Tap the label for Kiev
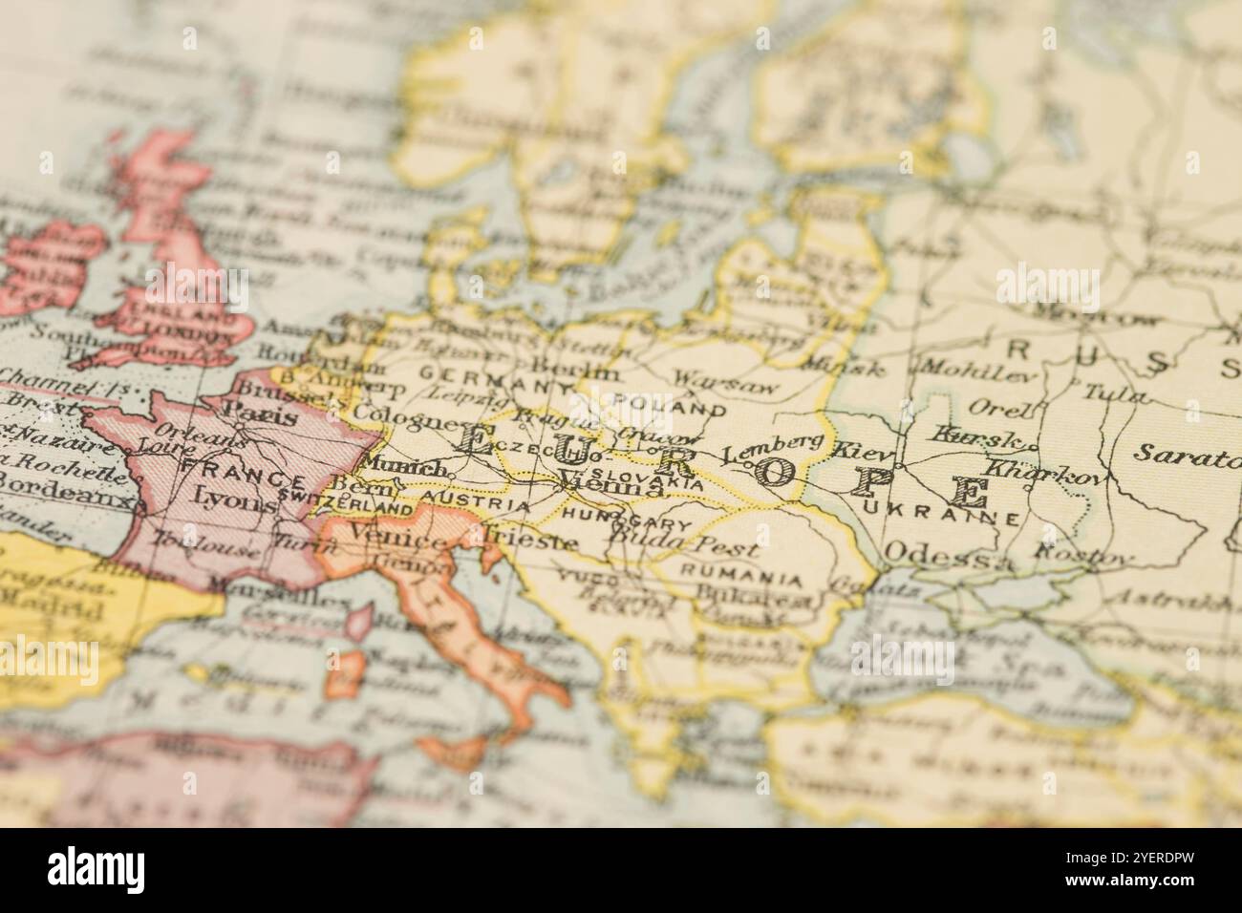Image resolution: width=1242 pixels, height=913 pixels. click(x=864, y=450)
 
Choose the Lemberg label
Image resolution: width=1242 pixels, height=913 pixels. click(x=772, y=449)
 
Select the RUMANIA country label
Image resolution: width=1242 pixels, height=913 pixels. click(x=740, y=579)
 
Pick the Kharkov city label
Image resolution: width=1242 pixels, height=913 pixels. click(x=1042, y=472)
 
